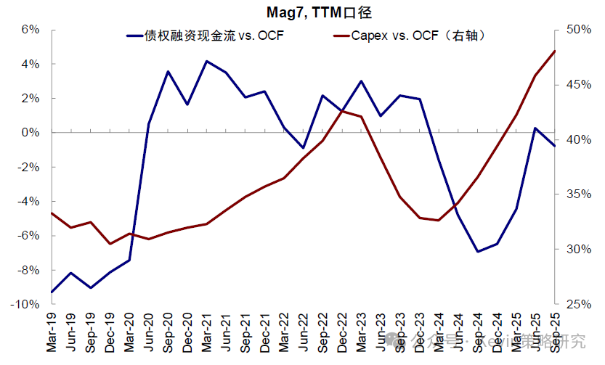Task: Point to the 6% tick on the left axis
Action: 29,30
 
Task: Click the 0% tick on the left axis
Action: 29,133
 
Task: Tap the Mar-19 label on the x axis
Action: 52,335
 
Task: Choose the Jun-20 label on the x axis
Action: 149,335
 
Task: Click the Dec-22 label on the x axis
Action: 342,335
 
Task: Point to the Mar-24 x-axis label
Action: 439,335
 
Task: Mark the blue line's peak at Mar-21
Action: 206,61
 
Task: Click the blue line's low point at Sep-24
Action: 477,252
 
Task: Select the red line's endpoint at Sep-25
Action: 555,51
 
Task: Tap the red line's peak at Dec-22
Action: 342,111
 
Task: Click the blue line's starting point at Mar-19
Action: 52,292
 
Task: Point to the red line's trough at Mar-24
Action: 439,220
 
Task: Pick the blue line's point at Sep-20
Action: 168,71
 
